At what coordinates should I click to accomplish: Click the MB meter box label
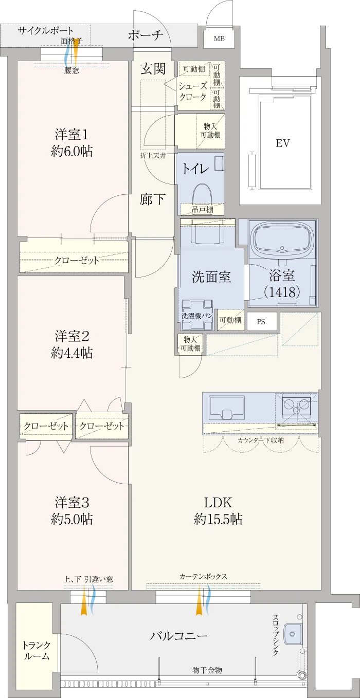219,39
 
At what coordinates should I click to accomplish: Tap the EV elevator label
283,143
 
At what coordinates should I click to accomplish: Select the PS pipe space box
262,321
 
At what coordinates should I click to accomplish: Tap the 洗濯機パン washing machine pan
197,315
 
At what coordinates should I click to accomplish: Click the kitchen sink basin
227,409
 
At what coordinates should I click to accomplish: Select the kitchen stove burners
296,406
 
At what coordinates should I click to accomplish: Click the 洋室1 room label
71,135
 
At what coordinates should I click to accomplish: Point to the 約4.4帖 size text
71,353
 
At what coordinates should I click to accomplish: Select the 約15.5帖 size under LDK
218,519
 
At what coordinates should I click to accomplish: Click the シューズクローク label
193,91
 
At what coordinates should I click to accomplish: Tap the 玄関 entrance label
153,68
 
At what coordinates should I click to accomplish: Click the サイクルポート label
45,30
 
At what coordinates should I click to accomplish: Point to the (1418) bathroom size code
282,292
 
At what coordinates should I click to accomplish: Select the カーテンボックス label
203,577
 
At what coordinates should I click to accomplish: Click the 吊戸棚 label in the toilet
203,209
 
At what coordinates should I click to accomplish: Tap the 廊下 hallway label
152,199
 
